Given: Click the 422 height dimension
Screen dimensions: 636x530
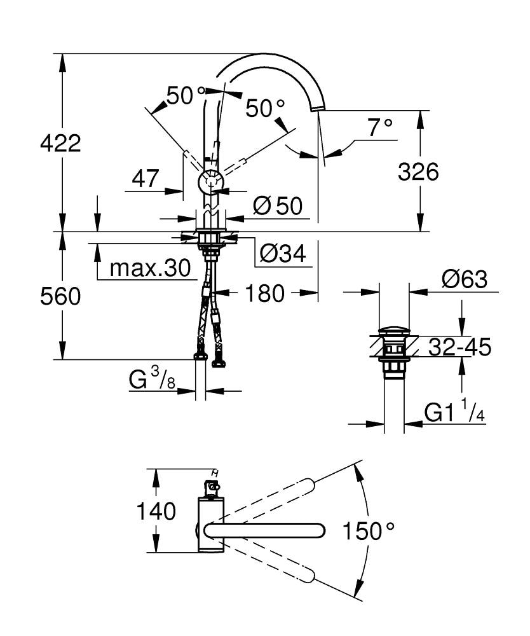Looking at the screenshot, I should point(60,144).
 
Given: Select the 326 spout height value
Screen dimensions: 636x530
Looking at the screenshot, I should point(418,171).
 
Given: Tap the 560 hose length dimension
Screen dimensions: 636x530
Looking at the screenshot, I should point(60,296).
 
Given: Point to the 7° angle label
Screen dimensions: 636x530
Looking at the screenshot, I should point(380,127).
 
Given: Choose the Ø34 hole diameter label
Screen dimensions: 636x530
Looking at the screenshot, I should point(283,254).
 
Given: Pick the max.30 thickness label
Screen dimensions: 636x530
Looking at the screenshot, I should point(150,268).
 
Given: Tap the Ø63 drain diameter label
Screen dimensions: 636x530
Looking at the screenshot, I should point(465,279).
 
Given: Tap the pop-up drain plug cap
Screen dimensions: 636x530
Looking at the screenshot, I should point(394,331).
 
